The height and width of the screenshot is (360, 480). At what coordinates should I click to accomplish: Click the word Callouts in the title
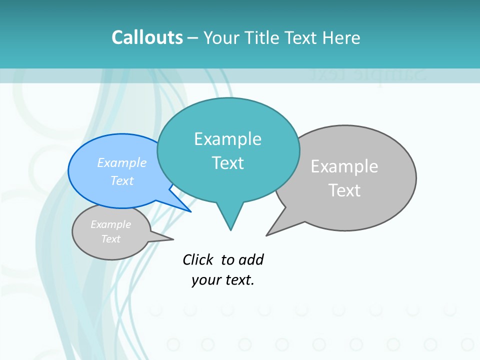[x=147, y=38]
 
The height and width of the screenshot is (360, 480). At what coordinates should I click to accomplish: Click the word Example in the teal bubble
[x=227, y=139]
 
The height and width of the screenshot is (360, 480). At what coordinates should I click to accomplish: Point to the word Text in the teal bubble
[x=227, y=163]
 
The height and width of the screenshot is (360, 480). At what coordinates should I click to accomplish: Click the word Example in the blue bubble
[x=122, y=162]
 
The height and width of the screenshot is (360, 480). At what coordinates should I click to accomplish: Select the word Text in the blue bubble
[x=122, y=180]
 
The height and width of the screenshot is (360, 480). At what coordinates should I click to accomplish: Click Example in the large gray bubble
[x=344, y=166]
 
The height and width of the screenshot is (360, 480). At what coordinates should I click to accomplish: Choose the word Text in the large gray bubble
[x=344, y=190]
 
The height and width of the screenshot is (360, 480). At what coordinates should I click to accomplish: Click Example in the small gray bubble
[x=110, y=224]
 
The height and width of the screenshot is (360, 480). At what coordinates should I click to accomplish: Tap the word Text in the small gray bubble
[x=110, y=239]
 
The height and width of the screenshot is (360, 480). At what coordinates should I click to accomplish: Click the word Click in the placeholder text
[x=197, y=260]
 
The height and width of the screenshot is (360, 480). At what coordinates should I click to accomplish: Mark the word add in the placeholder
[x=251, y=260]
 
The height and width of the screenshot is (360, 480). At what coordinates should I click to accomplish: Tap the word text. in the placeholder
[x=237, y=280]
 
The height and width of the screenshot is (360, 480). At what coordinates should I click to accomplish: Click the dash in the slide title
[x=193, y=38]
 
